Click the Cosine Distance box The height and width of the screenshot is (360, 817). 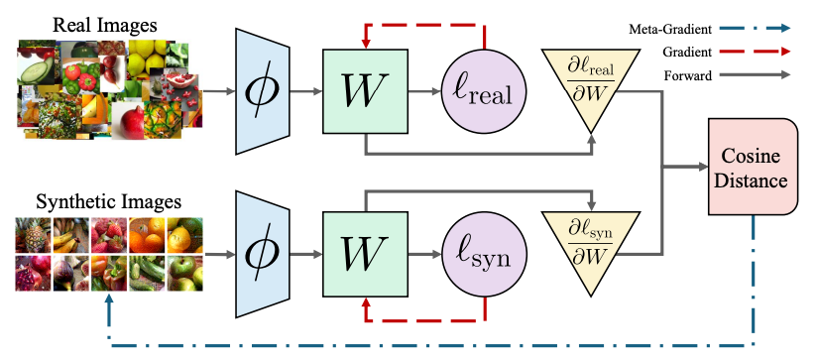[753, 167]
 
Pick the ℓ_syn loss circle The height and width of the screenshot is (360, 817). [485, 255]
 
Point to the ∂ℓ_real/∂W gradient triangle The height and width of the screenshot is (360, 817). [591, 83]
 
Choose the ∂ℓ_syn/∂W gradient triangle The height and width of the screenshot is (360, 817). [591, 245]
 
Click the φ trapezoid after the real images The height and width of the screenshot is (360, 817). [262, 91]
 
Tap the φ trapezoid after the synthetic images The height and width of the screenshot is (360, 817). [262, 254]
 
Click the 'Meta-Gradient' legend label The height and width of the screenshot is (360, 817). [670, 30]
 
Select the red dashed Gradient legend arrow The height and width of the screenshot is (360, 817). [755, 52]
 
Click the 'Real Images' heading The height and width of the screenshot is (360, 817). [105, 25]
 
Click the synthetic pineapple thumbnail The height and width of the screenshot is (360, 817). [34, 235]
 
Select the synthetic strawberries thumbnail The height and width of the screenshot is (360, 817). [109, 235]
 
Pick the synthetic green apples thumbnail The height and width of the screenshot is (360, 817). [185, 273]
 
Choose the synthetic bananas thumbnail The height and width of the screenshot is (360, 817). [70, 235]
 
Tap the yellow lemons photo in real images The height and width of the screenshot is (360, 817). [148, 57]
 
